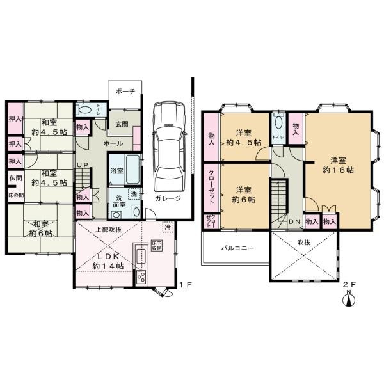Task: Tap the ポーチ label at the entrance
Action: [125, 92]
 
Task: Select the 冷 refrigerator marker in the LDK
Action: [168, 227]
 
